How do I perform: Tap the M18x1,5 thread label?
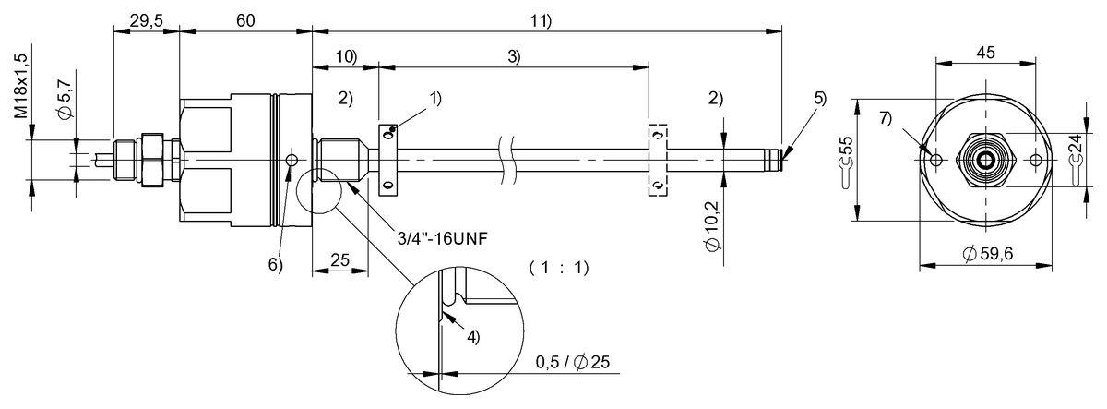[x=20, y=83]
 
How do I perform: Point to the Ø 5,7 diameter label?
[x=56, y=104]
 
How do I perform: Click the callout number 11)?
[x=540, y=19]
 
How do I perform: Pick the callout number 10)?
[x=346, y=57]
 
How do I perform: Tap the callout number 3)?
[x=513, y=57]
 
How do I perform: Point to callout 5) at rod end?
[x=820, y=98]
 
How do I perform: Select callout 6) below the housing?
[x=275, y=264]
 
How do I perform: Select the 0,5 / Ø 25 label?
[x=573, y=364]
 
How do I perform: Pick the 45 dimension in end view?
[x=986, y=53]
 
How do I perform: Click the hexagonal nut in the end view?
[x=986, y=159]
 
